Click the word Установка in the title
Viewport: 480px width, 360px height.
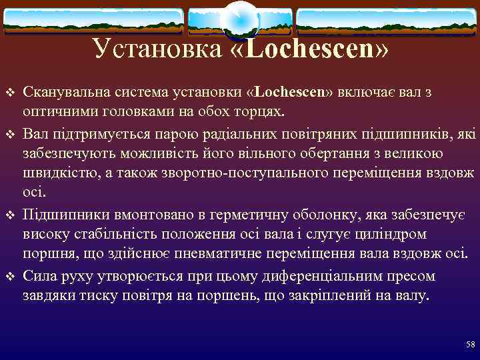pos(155,49)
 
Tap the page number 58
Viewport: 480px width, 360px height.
pos(470,344)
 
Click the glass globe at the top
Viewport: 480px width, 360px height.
pos(239,20)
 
